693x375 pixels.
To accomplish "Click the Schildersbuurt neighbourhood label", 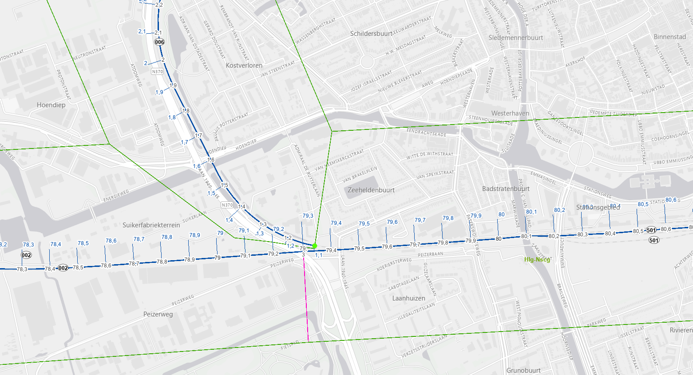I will [371, 34].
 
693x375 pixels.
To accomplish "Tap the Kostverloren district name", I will [244, 65].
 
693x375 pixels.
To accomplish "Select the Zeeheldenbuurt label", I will [371, 190].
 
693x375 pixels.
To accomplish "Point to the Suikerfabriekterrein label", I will [151, 225].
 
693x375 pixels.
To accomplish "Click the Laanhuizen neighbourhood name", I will [408, 298].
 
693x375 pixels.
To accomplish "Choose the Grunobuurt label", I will [523, 370].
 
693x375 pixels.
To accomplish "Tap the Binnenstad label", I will [669, 37].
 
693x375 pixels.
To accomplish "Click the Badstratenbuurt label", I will [506, 189].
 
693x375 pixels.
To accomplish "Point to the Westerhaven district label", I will [510, 113].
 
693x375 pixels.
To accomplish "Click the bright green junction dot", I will [315, 246].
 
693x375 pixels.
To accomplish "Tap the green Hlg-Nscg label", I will [537, 260].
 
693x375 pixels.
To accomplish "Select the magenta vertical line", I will [306, 301].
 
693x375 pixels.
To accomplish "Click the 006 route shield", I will [159, 42].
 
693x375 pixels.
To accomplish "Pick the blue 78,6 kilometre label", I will [111, 241].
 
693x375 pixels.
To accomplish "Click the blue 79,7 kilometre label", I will [420, 220].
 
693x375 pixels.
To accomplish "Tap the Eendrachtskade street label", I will [426, 133].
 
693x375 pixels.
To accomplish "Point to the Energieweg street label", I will [116, 195].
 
